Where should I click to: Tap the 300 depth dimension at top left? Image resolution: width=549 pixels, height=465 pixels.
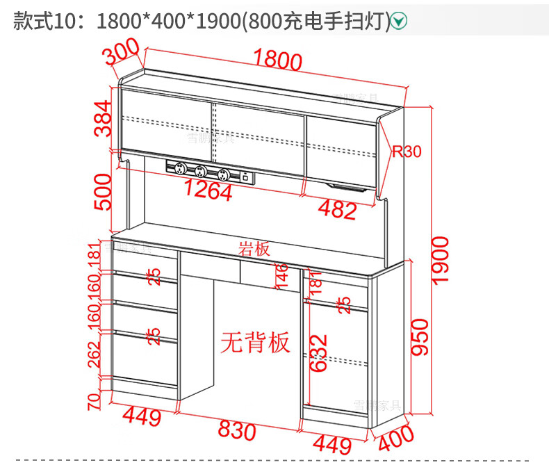[122, 51]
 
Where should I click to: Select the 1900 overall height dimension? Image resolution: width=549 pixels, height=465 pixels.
[441, 259]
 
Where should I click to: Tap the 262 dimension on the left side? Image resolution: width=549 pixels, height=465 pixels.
[94, 356]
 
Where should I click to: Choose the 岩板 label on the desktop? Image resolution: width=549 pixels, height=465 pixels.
[255, 248]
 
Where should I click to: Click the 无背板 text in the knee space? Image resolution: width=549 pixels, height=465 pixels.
[255, 341]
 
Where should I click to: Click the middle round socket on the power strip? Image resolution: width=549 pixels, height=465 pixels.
[201, 171]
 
